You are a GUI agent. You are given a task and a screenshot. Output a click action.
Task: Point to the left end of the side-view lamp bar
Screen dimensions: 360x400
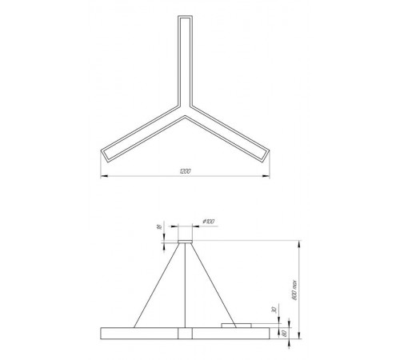point(102,332)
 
